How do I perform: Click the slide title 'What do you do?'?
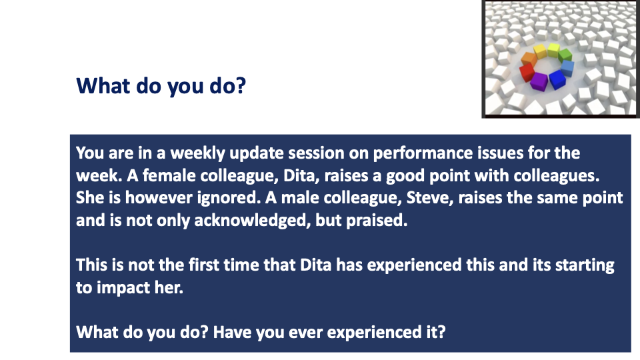click(161, 86)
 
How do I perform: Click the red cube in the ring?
click(527, 72)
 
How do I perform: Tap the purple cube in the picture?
click(539, 81)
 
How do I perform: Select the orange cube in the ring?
click(529, 59)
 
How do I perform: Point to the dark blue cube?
click(557, 79)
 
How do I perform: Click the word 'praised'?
click(376, 221)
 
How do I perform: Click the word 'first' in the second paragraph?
click(201, 265)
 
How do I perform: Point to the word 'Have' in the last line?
click(232, 332)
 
